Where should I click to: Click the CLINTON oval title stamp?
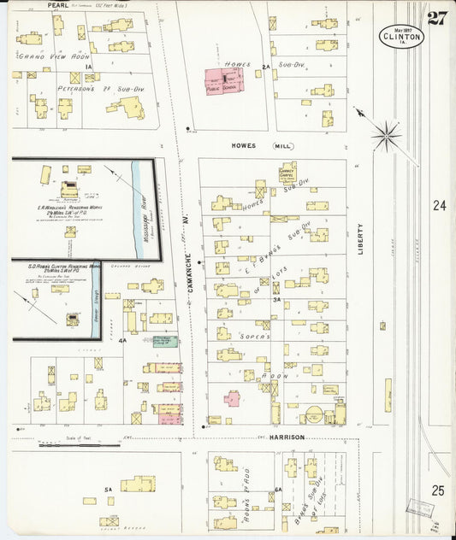pos(400,36)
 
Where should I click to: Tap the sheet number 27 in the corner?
pos(436,19)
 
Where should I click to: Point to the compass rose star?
pos(386,135)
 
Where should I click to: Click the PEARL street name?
pos(57,5)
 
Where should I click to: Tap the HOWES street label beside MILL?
pos(243,146)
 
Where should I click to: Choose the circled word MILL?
pos(282,146)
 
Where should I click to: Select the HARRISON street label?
pos(287,437)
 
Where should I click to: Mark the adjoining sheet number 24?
pos(439,206)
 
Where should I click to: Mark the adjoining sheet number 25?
pos(439,490)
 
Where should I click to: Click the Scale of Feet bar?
pos(67,444)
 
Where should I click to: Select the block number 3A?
pos(276,300)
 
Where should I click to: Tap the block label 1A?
pos(87,66)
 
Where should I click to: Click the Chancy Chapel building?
pos(287,173)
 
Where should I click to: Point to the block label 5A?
pos(109,489)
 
